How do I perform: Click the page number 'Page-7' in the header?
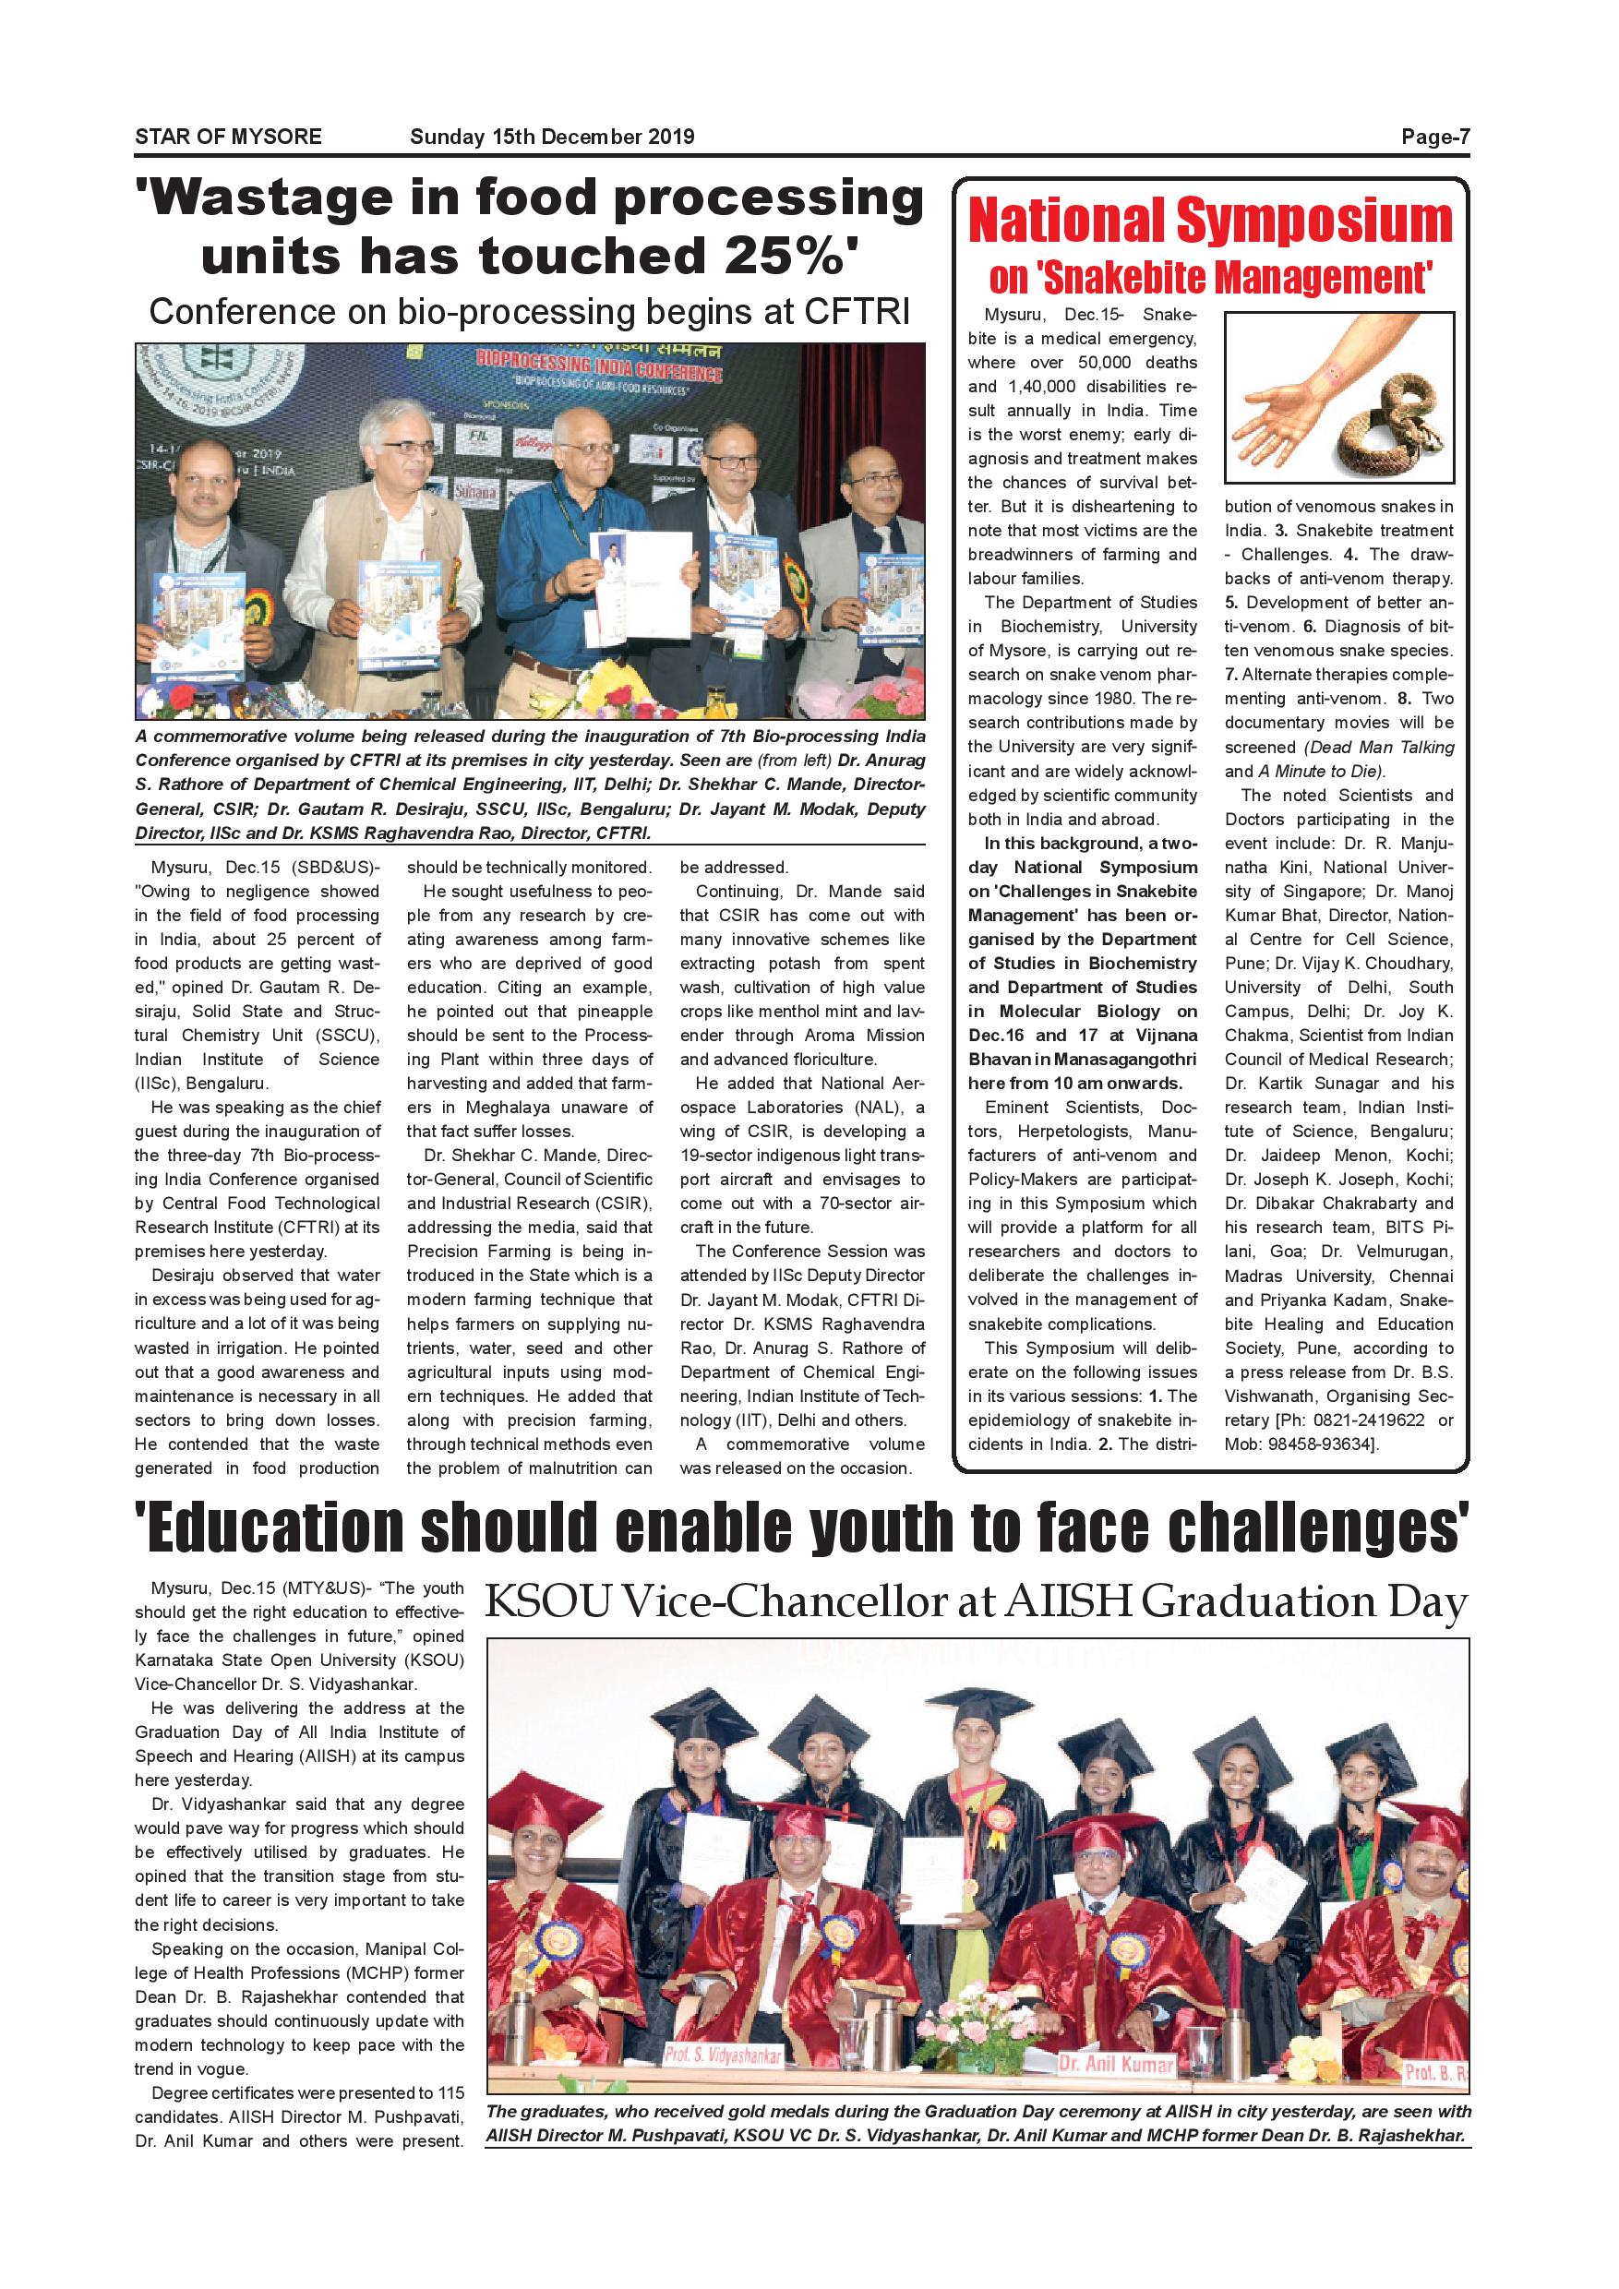1434,138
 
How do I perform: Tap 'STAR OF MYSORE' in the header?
228,138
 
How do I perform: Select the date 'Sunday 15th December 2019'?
551,138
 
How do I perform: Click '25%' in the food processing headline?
789,257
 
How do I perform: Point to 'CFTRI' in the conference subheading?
857,312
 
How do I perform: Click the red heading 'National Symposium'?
1210,222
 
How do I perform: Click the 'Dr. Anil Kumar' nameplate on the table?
1116,2063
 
